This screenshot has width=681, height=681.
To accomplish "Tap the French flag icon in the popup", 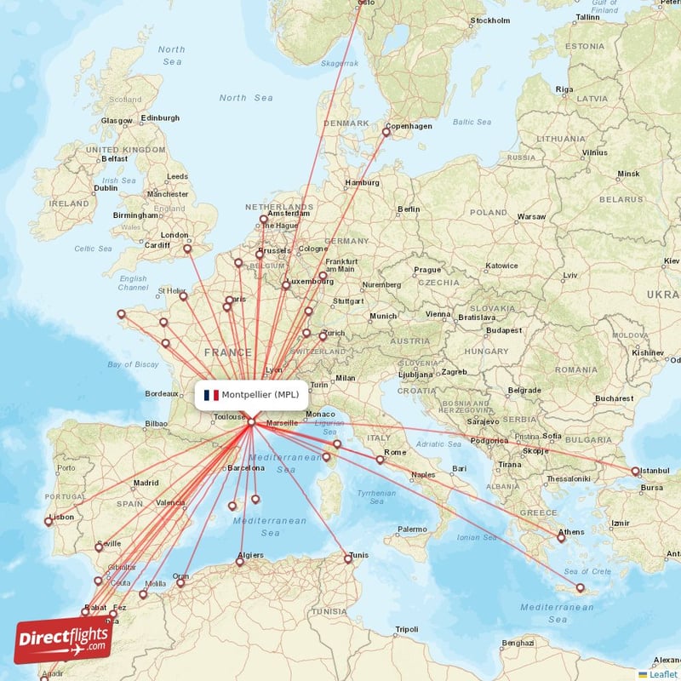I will pyautogui.click(x=211, y=395).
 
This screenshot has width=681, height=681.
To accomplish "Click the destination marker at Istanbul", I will pyautogui.click(x=635, y=471).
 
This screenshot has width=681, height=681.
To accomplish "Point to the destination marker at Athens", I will pyautogui.click(x=561, y=538).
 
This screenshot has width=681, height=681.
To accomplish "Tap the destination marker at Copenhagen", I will pyautogui.click(x=386, y=131).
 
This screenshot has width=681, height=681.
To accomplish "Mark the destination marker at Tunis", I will pyautogui.click(x=348, y=558).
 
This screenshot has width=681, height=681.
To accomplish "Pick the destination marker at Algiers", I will pyautogui.click(x=241, y=561).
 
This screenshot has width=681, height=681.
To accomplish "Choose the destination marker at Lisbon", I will pyautogui.click(x=49, y=521).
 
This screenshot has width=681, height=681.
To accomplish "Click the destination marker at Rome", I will pyautogui.click(x=381, y=460).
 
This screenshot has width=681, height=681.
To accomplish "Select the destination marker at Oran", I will pyautogui.click(x=180, y=583).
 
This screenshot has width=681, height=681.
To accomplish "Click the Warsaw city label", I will pyautogui.click(x=531, y=217).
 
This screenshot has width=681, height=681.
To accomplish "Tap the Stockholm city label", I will pyautogui.click(x=490, y=20).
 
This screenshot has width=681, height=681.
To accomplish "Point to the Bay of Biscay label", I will pyautogui.click(x=134, y=364).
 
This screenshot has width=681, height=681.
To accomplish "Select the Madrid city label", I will pyautogui.click(x=146, y=483).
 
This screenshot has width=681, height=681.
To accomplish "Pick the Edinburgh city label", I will pyautogui.click(x=160, y=117).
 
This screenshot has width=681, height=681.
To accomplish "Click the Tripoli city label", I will pyautogui.click(x=406, y=630).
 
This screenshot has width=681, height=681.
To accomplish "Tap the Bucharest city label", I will pyautogui.click(x=615, y=398).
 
